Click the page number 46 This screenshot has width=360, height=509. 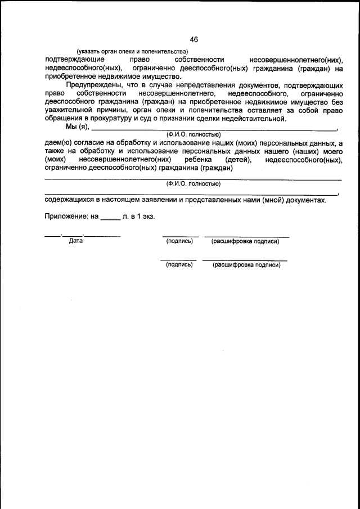click(193, 39)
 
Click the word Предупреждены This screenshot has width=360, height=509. click(92, 85)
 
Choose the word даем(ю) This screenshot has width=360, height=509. click(58, 144)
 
